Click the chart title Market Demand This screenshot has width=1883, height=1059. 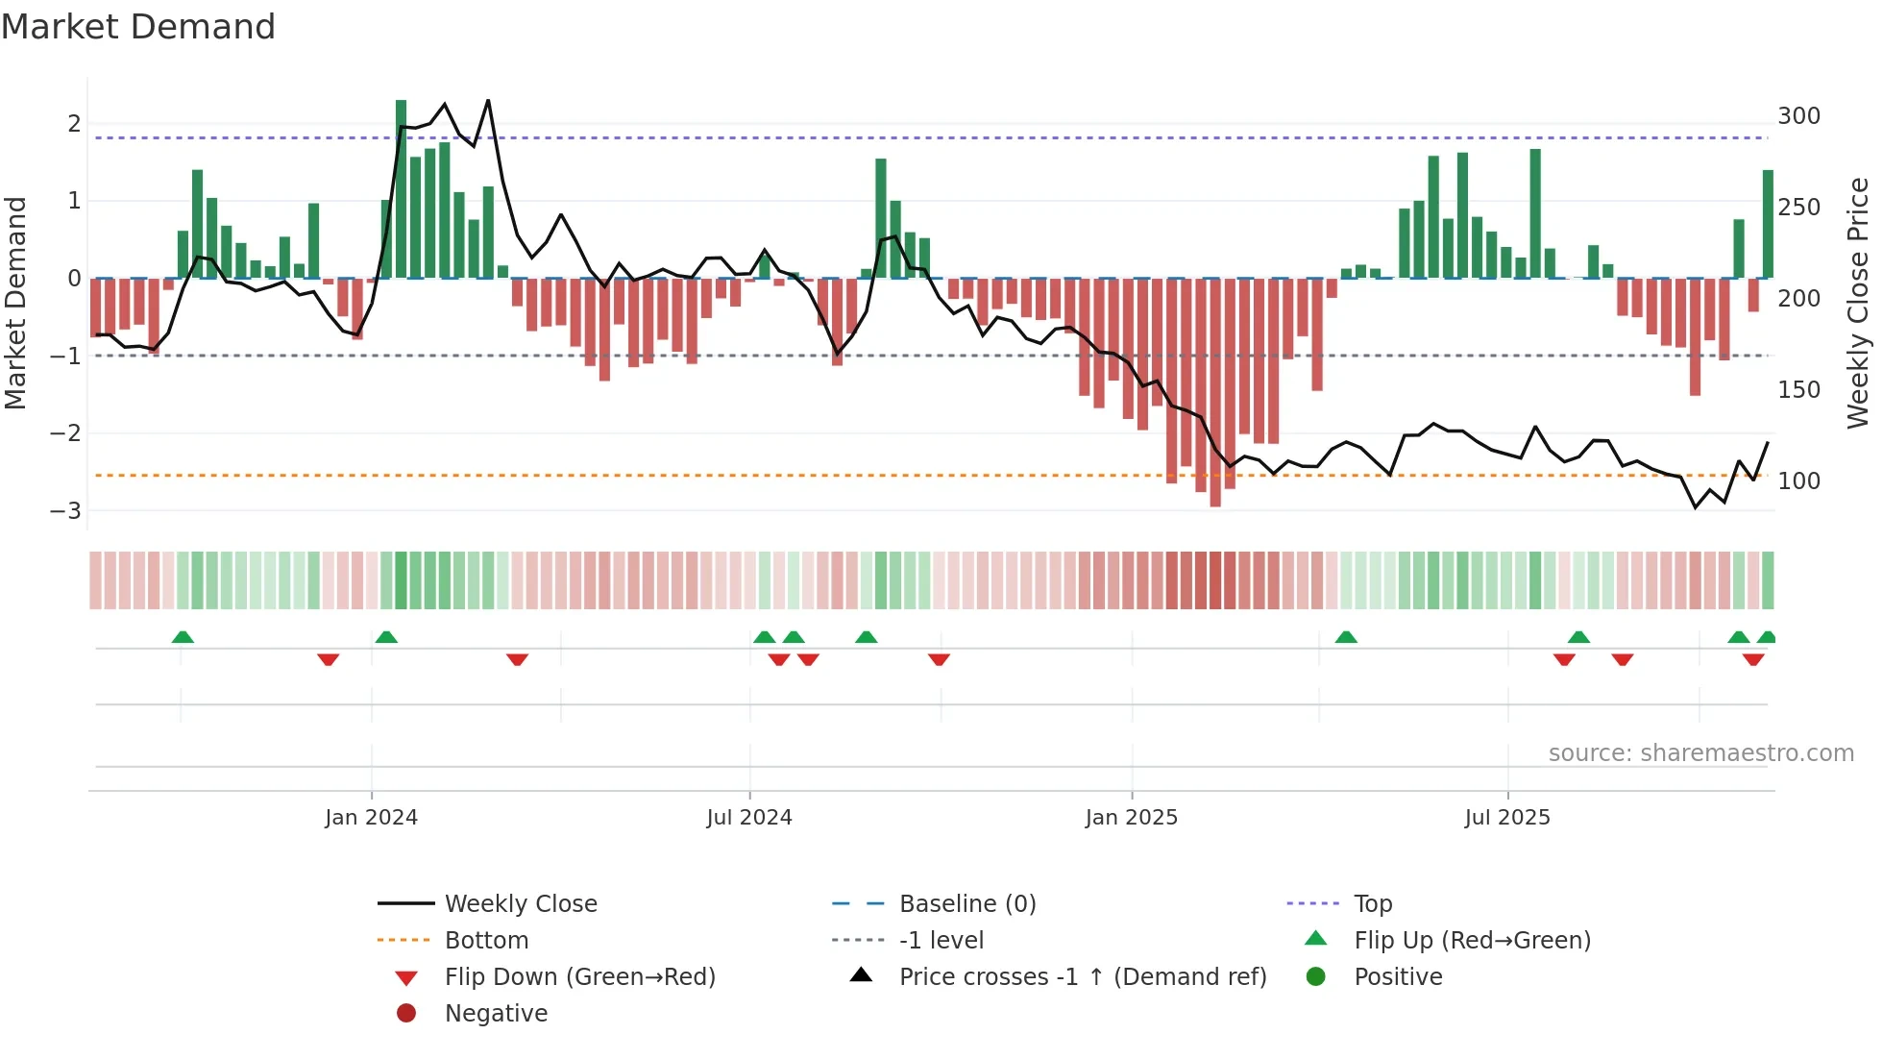pyautogui.click(x=138, y=27)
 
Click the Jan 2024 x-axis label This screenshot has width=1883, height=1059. pyautogui.click(x=371, y=818)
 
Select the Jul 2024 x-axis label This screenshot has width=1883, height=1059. pyautogui.click(x=748, y=818)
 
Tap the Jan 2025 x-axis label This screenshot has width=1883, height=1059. pyautogui.click(x=1131, y=818)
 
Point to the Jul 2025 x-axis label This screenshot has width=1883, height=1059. pyautogui.click(x=1506, y=818)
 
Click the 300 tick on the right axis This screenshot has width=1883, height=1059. pyautogui.click(x=1798, y=116)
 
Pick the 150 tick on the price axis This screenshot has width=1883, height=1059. pyautogui.click(x=1798, y=390)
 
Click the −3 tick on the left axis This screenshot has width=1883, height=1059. pyautogui.click(x=66, y=510)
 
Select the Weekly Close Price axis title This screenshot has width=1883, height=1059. pyautogui.click(x=1858, y=303)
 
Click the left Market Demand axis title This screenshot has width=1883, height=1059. pyautogui.click(x=15, y=303)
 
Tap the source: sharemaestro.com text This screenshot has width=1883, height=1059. pyautogui.click(x=1700, y=753)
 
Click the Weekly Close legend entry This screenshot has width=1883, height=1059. pyautogui.click(x=520, y=904)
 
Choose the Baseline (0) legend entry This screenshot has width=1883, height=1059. pyautogui.click(x=966, y=904)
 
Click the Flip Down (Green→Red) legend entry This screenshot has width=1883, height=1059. pyautogui.click(x=579, y=977)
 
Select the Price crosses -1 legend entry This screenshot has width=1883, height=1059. pyautogui.click(x=1082, y=977)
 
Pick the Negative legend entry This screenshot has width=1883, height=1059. pyautogui.click(x=496, y=1014)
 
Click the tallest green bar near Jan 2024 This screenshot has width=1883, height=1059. pyautogui.click(x=401, y=189)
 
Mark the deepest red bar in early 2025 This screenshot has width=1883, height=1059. pyautogui.click(x=1215, y=392)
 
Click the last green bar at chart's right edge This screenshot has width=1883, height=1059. pyautogui.click(x=1768, y=224)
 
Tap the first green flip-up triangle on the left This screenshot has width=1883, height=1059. pyautogui.click(x=183, y=637)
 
